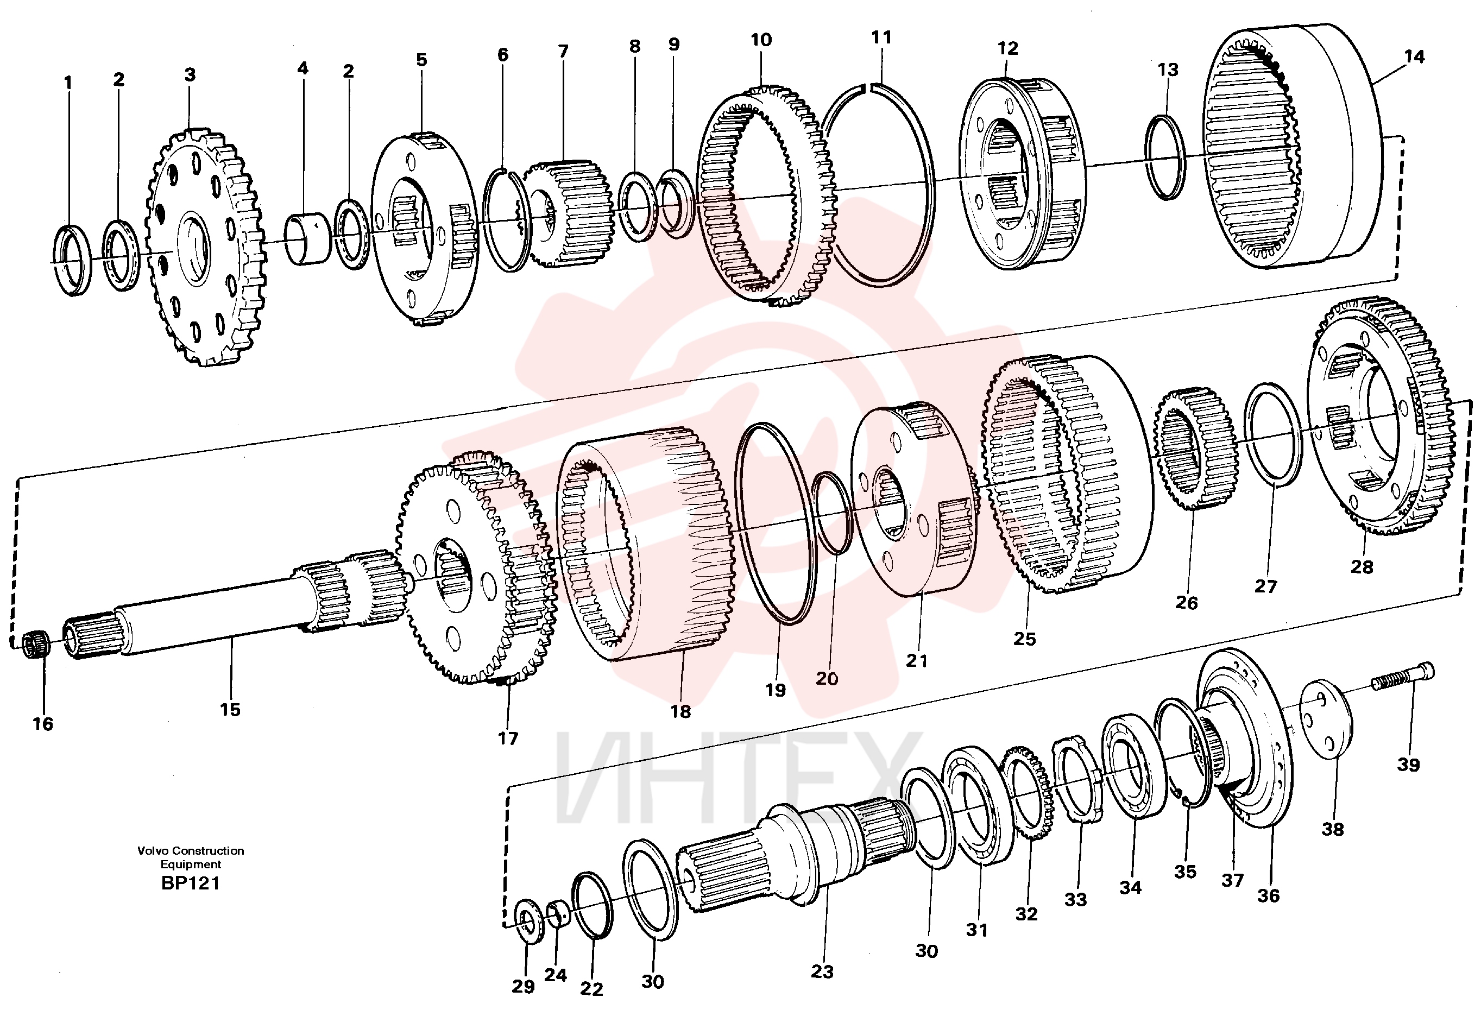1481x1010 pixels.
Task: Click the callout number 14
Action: [x=1414, y=56]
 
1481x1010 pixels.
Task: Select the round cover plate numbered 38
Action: [x=1326, y=720]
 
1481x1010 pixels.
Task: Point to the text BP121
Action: [x=191, y=883]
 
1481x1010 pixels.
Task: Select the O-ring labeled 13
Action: [x=1165, y=157]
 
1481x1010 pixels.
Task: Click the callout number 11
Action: [x=881, y=37]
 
